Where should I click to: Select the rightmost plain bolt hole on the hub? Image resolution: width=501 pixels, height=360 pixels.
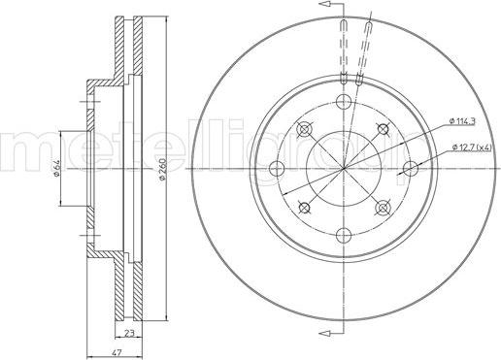pos(411,168)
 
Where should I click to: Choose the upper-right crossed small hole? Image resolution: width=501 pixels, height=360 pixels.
pos(383,129)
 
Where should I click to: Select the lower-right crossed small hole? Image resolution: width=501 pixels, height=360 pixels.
pos(383,206)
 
